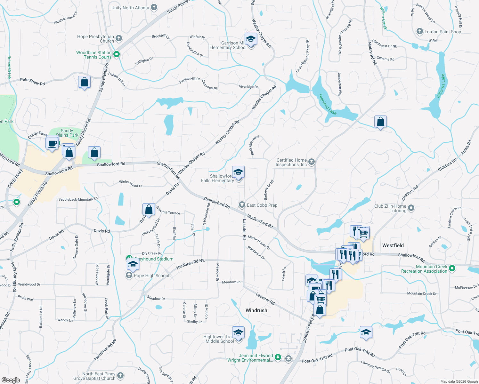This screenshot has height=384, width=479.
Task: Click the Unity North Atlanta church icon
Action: click(x=154, y=7)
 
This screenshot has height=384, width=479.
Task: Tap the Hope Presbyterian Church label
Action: click(x=95, y=39)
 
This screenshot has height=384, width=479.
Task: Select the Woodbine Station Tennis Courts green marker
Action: click(x=117, y=55)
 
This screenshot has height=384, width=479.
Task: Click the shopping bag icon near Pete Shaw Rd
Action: click(x=84, y=82)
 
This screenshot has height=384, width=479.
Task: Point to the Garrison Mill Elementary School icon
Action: click(x=251, y=39)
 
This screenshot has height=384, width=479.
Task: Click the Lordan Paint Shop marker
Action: click(x=419, y=31)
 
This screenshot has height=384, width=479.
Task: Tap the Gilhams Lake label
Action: click(x=441, y=86)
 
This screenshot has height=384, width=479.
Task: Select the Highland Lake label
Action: click(x=328, y=104)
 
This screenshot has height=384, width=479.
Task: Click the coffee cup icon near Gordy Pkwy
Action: click(x=52, y=144)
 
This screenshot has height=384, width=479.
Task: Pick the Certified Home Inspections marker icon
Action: click(x=312, y=162)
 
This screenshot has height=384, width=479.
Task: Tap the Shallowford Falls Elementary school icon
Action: click(x=238, y=172)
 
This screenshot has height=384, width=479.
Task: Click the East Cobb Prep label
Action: click(x=262, y=205)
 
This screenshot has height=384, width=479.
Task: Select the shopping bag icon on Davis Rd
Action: click(x=149, y=210)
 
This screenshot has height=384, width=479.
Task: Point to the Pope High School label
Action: click(x=151, y=276)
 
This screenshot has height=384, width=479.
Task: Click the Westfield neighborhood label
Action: click(x=393, y=245)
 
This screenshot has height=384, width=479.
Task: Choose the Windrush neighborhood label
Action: click(x=256, y=310)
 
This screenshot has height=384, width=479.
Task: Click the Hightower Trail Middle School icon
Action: click(x=238, y=333)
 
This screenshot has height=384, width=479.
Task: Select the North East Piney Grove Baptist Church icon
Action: click(x=120, y=375)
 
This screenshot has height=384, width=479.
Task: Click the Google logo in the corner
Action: click(x=11, y=380)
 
